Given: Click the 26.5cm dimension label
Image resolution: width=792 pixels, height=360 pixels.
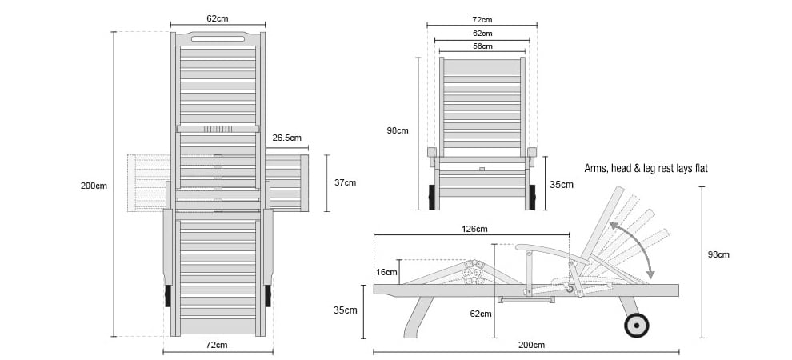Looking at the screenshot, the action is click(287, 138).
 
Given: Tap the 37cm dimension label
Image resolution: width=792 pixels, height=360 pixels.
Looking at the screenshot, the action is click(345, 182).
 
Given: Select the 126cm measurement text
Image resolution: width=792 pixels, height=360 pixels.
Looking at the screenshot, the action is click(474, 230).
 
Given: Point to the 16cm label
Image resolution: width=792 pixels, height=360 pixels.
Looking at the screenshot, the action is click(387, 272).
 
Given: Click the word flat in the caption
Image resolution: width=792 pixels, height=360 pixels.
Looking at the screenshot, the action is click(699, 168).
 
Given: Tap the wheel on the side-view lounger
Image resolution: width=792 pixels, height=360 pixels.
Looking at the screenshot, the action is click(637, 325).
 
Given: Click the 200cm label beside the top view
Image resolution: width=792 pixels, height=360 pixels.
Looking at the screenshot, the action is click(94, 186).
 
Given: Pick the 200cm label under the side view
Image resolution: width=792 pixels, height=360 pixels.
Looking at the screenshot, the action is click(531, 346).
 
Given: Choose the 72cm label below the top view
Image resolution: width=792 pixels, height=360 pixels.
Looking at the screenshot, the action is click(216, 346).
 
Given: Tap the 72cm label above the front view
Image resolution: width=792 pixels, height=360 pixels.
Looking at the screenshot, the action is click(482, 20).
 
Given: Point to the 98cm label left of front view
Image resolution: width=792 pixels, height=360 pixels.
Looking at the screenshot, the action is click(398, 130).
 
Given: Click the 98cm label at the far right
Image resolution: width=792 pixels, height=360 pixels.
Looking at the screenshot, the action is click(718, 254).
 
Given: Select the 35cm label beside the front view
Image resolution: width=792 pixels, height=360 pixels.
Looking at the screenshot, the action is click(561, 185).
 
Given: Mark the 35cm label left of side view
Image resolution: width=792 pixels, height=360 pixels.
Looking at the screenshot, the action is click(346, 310).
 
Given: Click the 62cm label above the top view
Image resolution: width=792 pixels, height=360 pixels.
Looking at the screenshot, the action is click(217, 18).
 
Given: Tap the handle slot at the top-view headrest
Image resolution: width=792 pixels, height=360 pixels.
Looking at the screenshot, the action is click(218, 38).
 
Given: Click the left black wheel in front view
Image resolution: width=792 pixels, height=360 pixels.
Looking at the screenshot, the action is click(432, 198).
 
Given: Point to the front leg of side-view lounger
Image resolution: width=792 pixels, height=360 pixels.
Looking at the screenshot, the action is click(418, 317).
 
